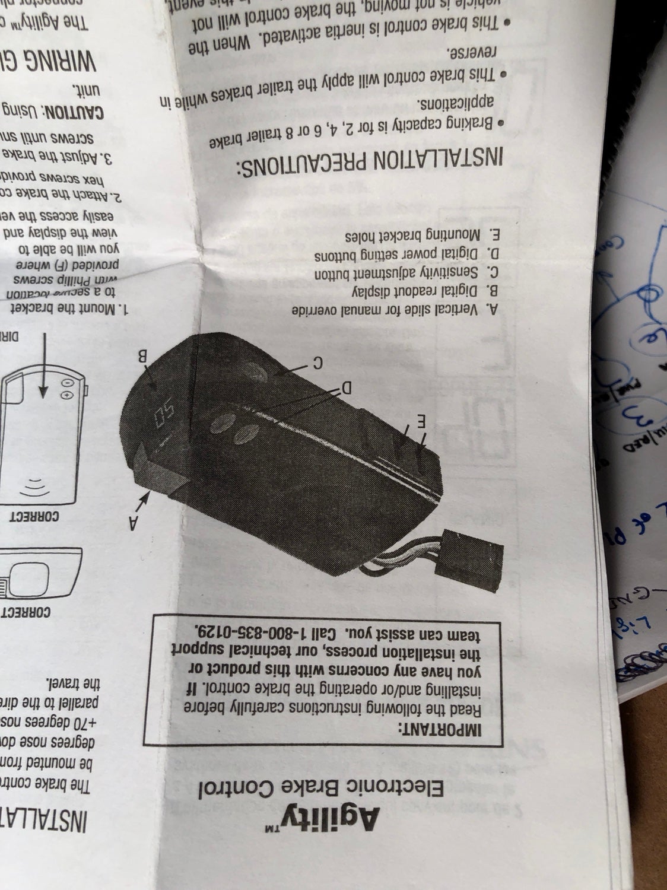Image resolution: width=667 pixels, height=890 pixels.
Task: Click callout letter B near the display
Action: [x=142, y=357]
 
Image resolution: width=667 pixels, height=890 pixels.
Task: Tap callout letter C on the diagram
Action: [x=317, y=361]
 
